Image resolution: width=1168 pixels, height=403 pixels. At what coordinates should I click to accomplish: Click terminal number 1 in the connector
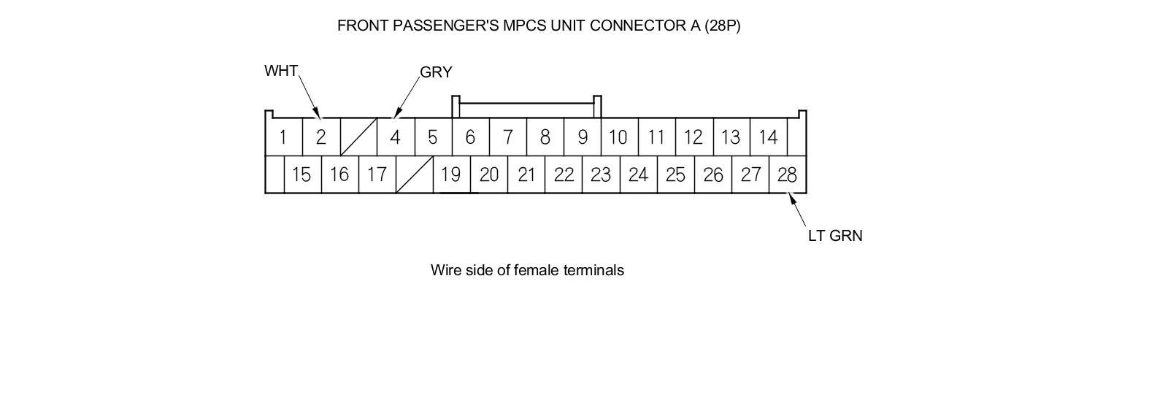pos(283,137)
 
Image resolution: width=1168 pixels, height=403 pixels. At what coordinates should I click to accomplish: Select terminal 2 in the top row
pos(320,137)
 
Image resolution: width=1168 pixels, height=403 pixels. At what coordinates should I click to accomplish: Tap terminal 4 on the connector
pos(395,137)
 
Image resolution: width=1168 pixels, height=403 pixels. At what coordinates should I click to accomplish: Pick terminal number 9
pos(582,137)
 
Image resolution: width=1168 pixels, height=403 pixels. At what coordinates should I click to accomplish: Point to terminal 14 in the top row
pos(768,137)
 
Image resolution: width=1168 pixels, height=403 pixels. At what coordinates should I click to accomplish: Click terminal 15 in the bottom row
pos(301,175)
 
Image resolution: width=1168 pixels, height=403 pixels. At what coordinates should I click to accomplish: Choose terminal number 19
pos(451,175)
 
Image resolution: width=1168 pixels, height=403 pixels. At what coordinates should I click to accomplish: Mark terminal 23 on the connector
pos(601,175)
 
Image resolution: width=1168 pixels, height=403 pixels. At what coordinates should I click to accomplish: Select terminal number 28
pos(787,175)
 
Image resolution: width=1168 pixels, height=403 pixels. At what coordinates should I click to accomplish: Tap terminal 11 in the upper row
pos(656,137)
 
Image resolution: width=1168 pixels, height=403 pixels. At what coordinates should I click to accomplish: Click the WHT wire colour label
pos(281,71)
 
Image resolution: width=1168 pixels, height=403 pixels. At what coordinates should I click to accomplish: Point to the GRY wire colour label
pos(436,72)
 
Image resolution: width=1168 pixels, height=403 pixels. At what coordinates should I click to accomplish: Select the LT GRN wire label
pos(835,236)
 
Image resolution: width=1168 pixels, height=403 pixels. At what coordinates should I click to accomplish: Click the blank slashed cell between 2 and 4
pos(358,137)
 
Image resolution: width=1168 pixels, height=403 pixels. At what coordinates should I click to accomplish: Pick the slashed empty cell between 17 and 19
pos(414,175)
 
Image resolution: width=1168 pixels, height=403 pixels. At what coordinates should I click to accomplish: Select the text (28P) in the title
pos(722,26)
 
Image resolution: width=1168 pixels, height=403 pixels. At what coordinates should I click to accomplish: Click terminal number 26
pos(712,175)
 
